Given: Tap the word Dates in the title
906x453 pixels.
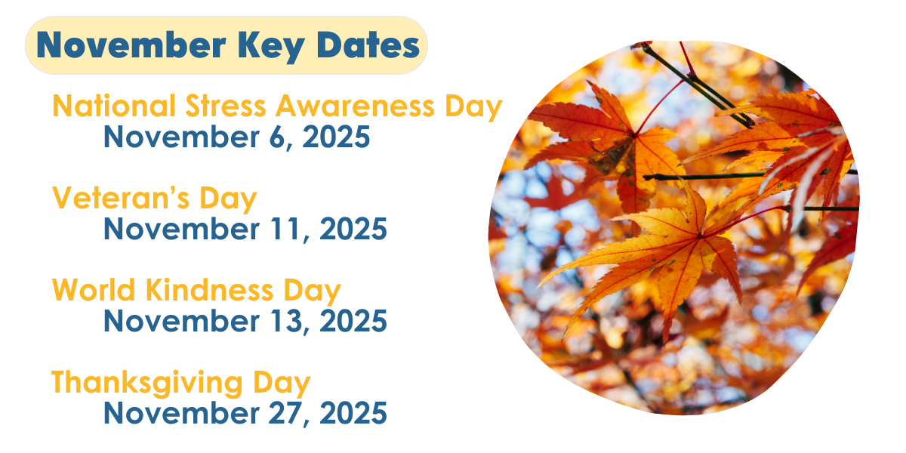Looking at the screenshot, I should pos(368,45).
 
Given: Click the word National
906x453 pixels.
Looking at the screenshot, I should pos(106,106).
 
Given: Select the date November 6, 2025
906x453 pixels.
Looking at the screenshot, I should pos(236,137).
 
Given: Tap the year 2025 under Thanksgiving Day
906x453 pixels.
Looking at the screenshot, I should pos(353,414).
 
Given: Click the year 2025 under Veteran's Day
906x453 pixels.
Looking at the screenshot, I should pos(353,230).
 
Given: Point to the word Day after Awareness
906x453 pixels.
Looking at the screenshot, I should pos(473,107).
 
